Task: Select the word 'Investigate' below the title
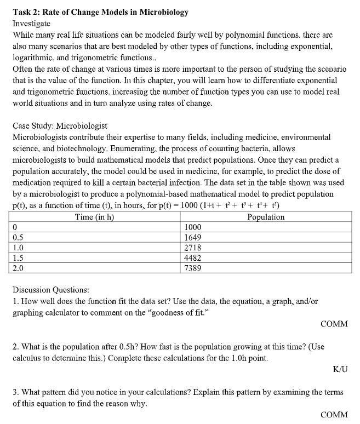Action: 33,24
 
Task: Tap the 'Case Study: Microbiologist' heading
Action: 60,125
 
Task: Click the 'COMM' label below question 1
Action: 334,324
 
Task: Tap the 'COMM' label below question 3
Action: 334,415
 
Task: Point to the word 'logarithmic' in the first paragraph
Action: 33,57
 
